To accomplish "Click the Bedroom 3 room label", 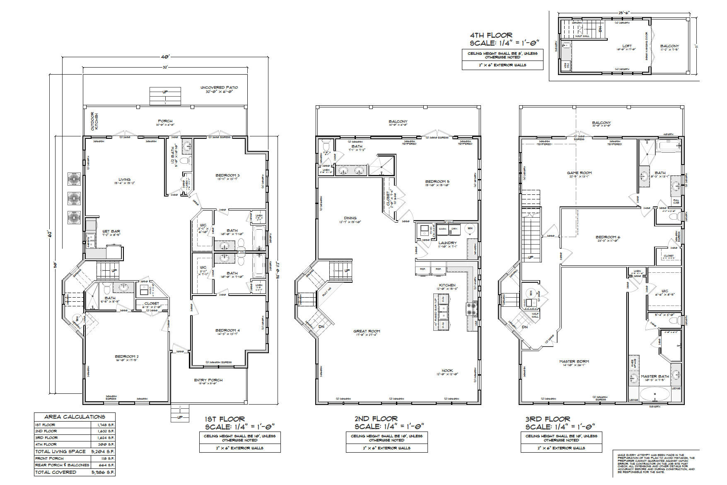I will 227,175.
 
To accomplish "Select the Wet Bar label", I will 111,231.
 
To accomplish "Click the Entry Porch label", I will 208,380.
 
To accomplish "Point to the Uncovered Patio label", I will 219,87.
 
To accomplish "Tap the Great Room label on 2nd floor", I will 366,331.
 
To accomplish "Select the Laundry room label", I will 447,243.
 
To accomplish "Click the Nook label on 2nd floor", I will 447,371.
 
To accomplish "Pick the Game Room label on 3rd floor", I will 579,173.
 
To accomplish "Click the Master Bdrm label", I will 574,361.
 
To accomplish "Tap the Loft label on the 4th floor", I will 627,46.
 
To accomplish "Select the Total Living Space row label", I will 60,451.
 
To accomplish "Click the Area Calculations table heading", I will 75,417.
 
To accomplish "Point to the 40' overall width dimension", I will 166,56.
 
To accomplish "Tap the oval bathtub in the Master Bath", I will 654,394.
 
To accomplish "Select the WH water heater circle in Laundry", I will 470,228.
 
